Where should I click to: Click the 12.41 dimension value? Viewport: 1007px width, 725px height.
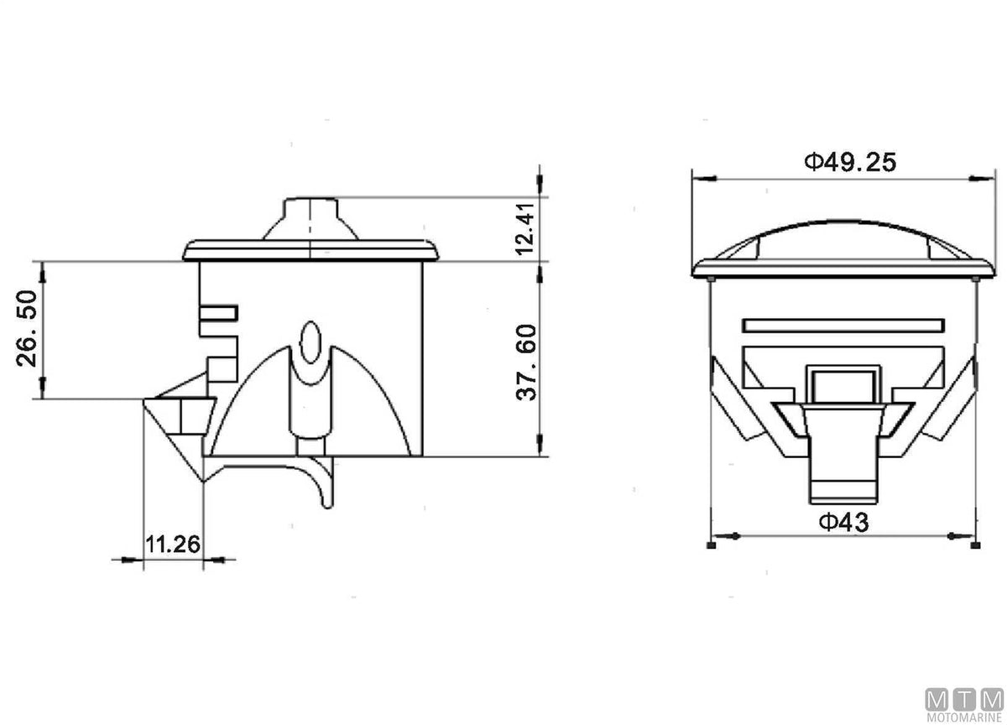(525, 229)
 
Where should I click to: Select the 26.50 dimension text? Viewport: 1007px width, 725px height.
(27, 329)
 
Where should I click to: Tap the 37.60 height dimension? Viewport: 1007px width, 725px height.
(526, 362)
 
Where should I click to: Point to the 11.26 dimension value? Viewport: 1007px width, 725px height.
(173, 545)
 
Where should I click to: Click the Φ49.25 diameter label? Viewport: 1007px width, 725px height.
(850, 162)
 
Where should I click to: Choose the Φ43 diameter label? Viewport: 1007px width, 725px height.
(844, 522)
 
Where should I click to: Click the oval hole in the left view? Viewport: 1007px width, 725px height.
(310, 342)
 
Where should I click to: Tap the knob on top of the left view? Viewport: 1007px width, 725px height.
(310, 219)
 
